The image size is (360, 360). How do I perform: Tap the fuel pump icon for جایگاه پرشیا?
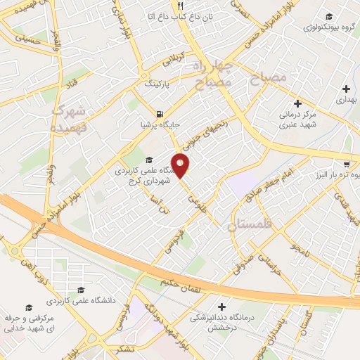coord(160,114)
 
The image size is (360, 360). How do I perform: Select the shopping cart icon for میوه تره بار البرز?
coord(346,160)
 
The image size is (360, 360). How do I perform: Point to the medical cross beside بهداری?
coord(345,89)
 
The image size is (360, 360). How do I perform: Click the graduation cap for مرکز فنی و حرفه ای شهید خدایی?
coord(28,307)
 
